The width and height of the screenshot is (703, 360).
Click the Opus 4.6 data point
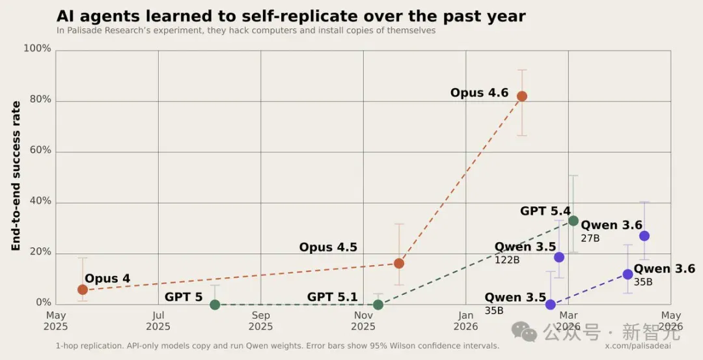(522, 96)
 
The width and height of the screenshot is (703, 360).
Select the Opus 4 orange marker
(83, 290)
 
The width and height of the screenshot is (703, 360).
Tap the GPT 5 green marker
(215, 305)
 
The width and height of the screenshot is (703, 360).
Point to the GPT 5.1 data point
(378, 305)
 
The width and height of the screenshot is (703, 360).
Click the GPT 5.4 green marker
(573, 221)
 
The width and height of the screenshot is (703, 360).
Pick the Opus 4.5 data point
(398, 263)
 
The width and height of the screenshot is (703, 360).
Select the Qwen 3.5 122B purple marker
(559, 257)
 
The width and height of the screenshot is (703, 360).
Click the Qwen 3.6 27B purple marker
(644, 236)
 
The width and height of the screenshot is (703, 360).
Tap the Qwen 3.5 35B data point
(551, 305)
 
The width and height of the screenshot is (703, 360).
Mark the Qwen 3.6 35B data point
(627, 274)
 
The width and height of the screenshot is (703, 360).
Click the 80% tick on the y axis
(41, 100)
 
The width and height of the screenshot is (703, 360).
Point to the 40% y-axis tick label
(41, 201)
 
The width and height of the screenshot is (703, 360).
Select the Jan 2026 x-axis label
(466, 321)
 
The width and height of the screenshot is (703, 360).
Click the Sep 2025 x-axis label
(260, 321)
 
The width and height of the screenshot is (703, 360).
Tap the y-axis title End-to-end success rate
(16, 176)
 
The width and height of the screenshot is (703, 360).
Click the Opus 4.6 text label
(479, 93)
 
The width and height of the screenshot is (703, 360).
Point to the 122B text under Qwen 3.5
(507, 259)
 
